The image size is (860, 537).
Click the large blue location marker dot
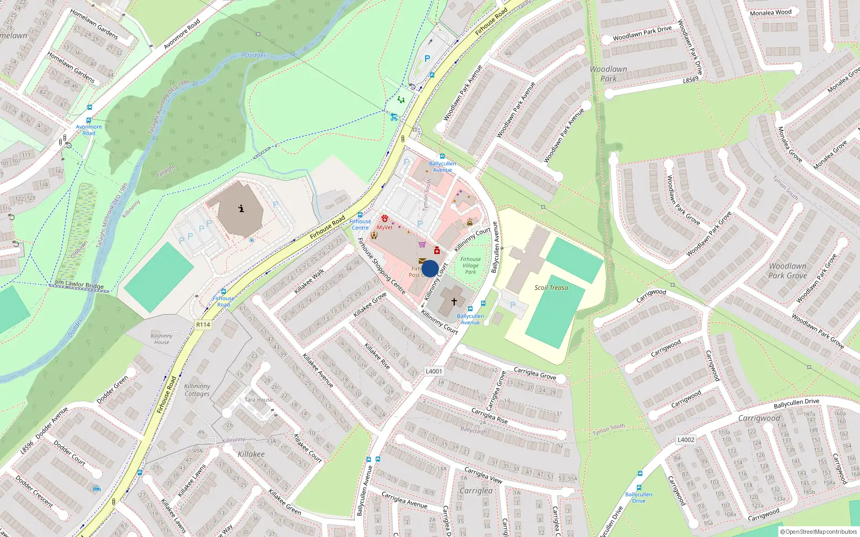430,268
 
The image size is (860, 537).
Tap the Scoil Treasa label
551,288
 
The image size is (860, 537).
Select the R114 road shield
203,325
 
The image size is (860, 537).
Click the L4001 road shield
434,371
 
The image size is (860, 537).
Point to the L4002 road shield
686,440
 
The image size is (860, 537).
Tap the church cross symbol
454,302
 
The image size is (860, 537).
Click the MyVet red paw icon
385,219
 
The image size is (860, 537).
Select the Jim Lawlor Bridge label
80,285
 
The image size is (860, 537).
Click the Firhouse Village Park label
470,265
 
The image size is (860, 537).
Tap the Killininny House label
162,339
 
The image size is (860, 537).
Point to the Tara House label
259,400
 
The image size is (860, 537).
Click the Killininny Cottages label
197,390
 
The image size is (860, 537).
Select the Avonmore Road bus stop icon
89,121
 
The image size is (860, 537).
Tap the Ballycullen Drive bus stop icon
640,474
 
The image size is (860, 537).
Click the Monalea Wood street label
771,12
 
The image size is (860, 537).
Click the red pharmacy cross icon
437,251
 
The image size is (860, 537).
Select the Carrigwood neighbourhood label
759,418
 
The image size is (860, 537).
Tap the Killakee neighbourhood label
251,454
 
